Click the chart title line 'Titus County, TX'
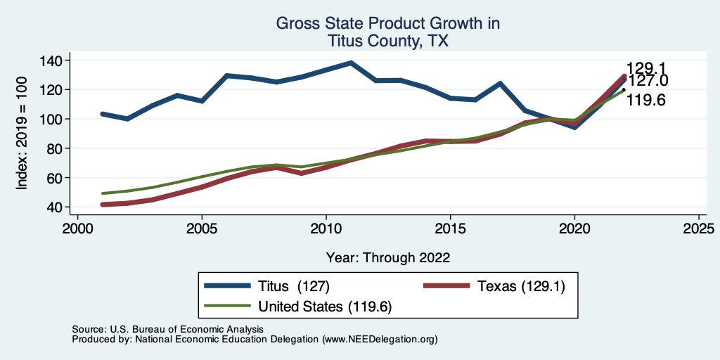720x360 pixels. coord(387,41)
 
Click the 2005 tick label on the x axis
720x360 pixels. coord(202,229)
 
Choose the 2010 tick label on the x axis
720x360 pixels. coord(326,229)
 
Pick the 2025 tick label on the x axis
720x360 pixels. coord(699,229)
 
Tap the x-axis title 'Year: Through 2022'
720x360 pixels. coord(387,257)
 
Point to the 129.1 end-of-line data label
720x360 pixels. coord(646,68)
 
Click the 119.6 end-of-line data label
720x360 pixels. coord(645,100)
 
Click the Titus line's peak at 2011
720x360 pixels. coord(351,63)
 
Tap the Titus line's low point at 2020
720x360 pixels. coord(574,127)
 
